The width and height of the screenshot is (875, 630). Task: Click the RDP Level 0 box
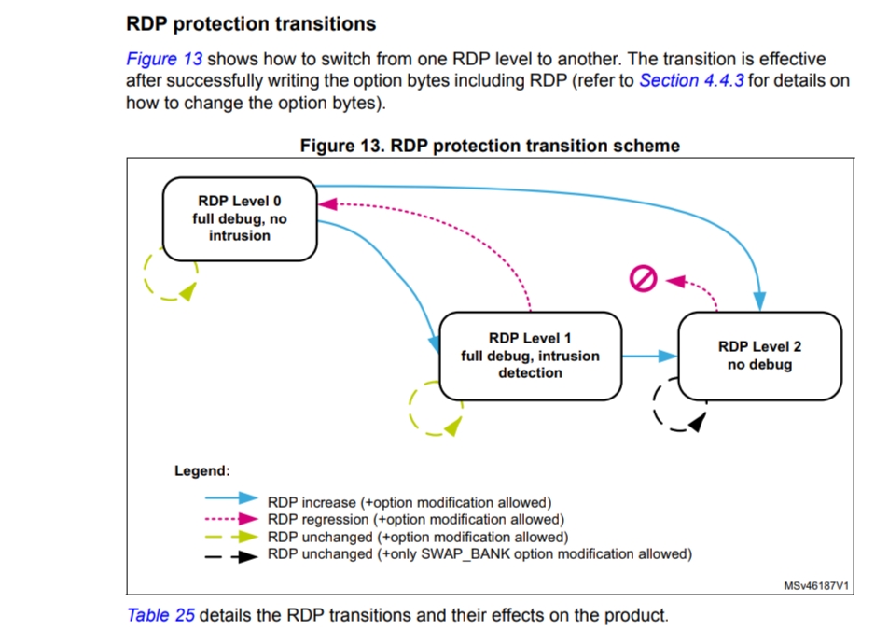240,218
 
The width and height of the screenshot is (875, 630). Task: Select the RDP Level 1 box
530,355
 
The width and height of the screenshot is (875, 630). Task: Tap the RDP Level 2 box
759,355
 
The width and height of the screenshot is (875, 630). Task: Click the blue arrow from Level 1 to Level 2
649,356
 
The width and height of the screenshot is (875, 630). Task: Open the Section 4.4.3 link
691,81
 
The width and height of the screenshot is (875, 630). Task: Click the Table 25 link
160,615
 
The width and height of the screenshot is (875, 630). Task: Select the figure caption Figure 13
489,146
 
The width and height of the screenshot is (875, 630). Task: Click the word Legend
201,470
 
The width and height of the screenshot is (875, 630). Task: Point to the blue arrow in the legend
229,502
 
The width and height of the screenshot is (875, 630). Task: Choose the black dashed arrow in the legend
229,554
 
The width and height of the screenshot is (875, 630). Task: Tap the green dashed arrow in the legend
229,537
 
